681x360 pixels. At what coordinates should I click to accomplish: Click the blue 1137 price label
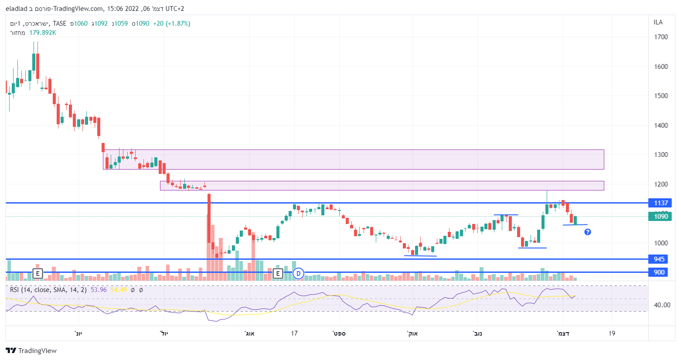coord(661,203)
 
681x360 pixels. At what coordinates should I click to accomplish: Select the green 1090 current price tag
coord(661,217)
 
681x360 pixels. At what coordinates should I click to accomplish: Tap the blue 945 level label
coord(659,259)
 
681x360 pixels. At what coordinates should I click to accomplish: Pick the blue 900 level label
coord(659,272)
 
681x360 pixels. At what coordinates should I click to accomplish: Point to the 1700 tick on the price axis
coord(661,37)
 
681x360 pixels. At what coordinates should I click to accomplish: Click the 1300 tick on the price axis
coord(661,155)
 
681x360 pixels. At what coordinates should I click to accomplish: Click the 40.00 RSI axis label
coord(662,305)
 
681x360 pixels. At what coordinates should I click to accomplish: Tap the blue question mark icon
coord(588,232)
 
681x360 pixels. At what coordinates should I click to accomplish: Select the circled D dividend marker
coord(298,274)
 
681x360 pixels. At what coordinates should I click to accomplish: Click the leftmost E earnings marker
coord(38,274)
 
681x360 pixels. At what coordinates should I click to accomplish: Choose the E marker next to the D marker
coord(278,274)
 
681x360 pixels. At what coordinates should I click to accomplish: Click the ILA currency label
coord(658,22)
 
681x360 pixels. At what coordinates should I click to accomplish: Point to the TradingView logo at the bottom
coord(31,351)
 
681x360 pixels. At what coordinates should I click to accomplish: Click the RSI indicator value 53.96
coord(99,290)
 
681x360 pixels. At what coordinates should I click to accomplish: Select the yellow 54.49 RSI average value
coord(119,290)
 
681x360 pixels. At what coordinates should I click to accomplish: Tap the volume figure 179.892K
coord(43,33)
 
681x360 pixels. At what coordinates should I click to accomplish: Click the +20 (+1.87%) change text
coord(171,24)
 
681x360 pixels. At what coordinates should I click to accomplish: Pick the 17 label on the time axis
coord(294,333)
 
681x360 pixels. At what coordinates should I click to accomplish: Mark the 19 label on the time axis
coord(612,333)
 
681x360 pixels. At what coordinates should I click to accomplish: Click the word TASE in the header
coord(60,24)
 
